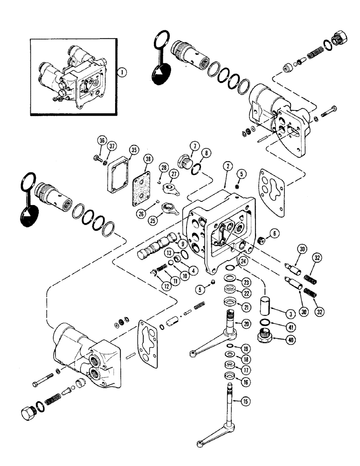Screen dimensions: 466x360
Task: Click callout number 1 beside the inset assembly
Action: pos(121,72)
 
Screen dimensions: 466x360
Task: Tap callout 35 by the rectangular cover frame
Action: pos(134,150)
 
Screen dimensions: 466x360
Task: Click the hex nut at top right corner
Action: pos(338,36)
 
